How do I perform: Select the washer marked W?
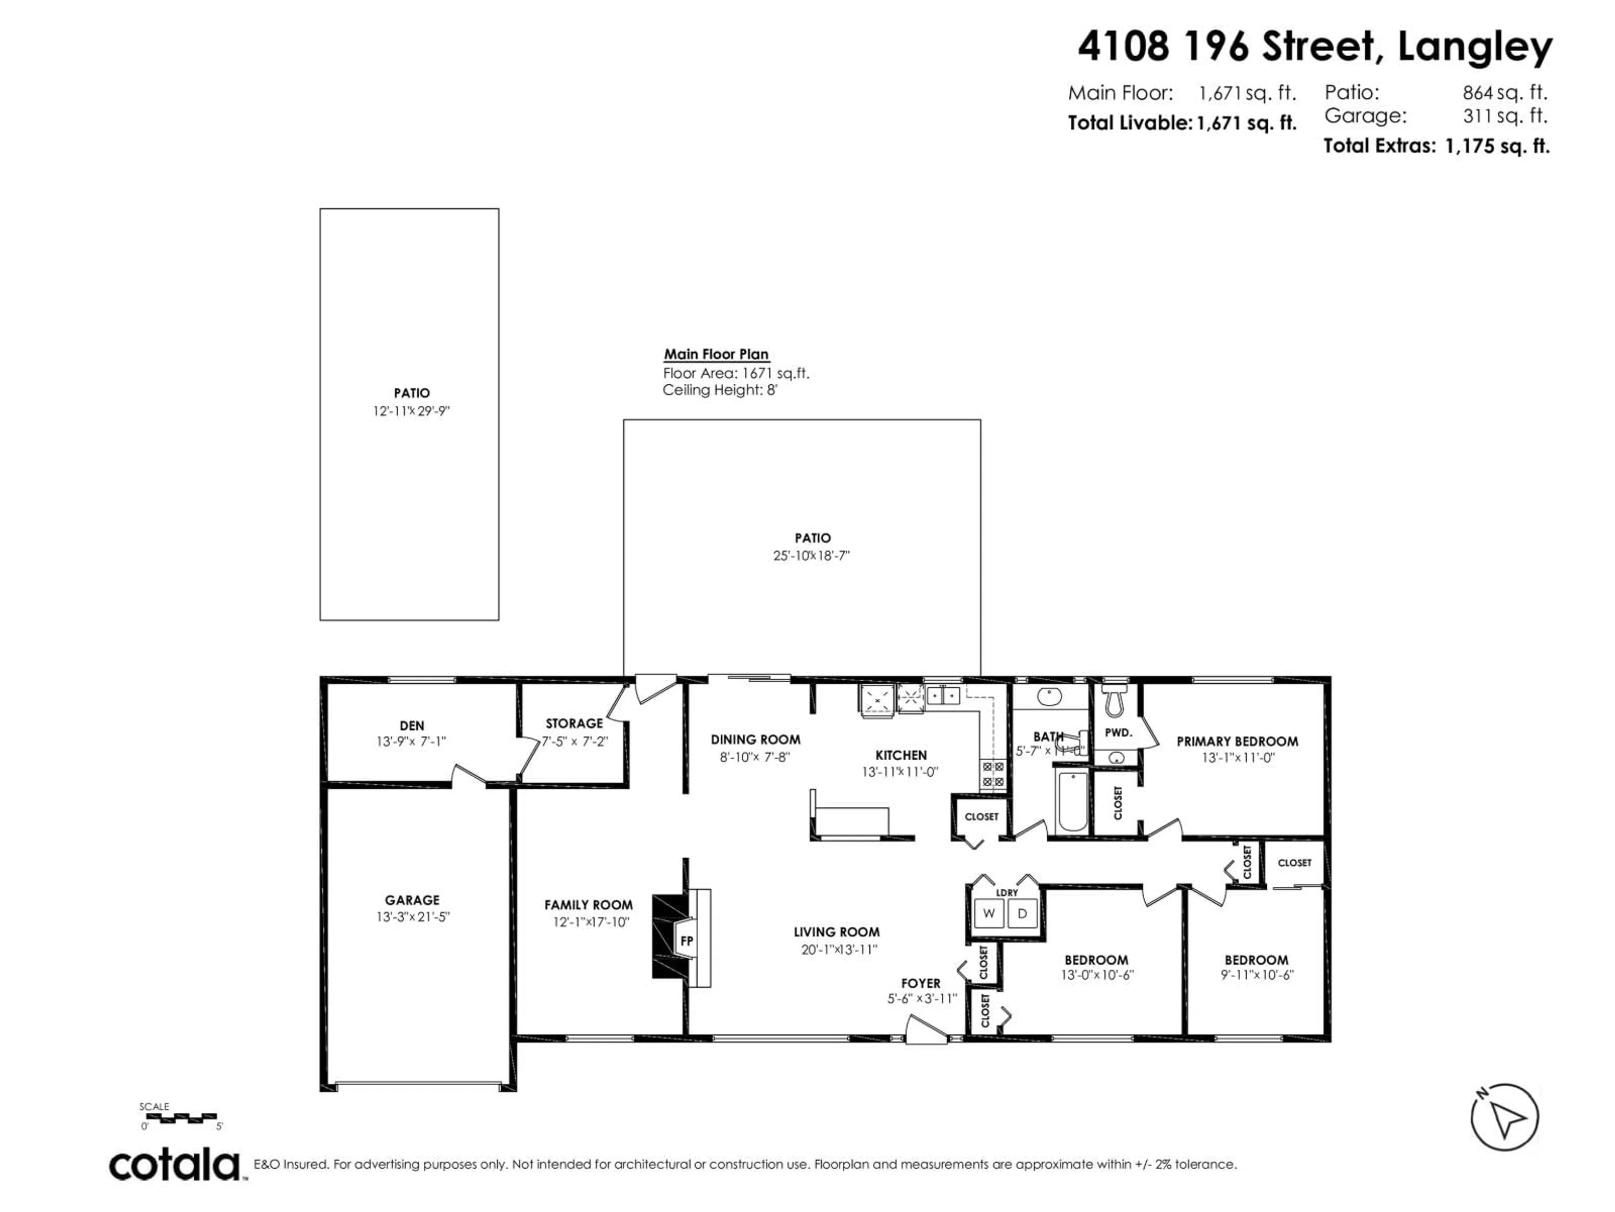[x=989, y=913]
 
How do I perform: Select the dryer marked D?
[x=1022, y=913]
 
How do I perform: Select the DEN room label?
[x=412, y=726]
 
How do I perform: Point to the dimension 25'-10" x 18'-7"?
[x=811, y=556]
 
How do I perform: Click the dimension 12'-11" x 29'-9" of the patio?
[x=411, y=411]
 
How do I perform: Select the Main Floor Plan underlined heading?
[x=715, y=354]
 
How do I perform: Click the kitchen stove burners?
[x=992, y=773]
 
